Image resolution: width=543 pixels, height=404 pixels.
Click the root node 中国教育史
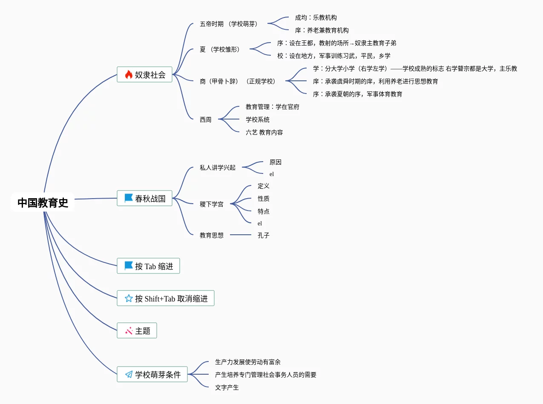[43, 203]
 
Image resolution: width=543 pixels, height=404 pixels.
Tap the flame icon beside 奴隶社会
[129, 75]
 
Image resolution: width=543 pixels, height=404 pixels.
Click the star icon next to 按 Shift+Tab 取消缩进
[129, 299]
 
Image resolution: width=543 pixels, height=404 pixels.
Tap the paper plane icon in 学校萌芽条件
[129, 375]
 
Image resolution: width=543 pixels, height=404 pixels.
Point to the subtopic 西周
[206, 120]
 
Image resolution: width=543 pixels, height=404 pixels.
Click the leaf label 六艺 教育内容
[264, 133]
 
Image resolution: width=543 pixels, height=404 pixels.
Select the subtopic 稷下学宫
[212, 205]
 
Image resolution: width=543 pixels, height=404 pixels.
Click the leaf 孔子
[264, 235]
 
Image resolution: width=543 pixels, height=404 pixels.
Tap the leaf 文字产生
[227, 387]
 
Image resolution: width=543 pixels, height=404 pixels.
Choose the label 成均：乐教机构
[316, 18]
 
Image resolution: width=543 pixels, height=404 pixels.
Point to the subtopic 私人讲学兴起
[218, 168]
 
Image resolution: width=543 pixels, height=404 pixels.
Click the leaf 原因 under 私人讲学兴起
[275, 162]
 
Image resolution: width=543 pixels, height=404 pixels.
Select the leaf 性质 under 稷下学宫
[264, 199]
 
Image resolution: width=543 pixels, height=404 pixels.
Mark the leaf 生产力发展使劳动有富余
[248, 362]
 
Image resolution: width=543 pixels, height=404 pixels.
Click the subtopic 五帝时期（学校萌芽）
[229, 24]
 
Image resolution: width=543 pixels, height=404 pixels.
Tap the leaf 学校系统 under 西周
[258, 120]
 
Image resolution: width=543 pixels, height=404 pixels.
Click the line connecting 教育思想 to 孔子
[241, 235]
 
